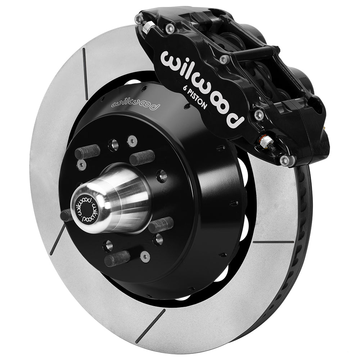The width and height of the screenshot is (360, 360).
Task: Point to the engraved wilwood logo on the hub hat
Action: (x=136, y=104)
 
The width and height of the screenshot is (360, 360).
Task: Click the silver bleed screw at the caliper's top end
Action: (x=147, y=27)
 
